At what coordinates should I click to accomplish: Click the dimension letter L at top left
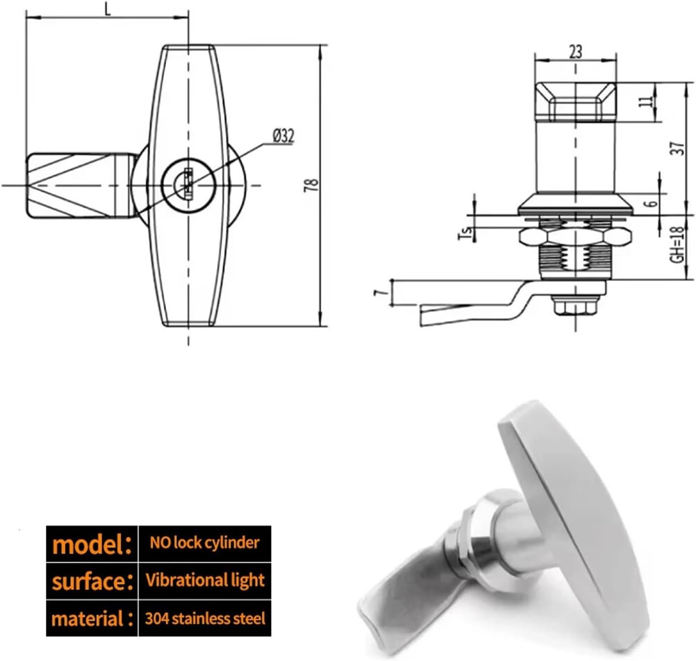pos(108,10)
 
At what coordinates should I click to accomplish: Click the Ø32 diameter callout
pos(283,136)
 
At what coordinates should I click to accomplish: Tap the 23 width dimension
pos(575,51)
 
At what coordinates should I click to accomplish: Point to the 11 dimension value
pos(645,102)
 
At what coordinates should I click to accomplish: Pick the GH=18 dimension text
pos(677,244)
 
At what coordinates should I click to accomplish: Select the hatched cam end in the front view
pos(72,185)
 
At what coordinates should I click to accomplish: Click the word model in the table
pos(91,544)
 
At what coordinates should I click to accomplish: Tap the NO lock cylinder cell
pos(204,543)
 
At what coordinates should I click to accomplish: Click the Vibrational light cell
pos(205,580)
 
